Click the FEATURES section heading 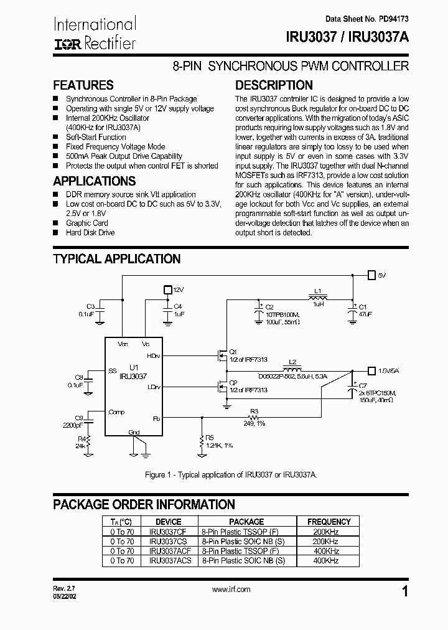[x=83, y=85]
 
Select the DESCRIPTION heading [x=274, y=85]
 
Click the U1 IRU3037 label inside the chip [x=138, y=372]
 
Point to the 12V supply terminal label [x=179, y=290]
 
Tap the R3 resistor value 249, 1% [x=254, y=423]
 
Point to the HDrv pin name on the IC [x=153, y=356]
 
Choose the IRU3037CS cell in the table [x=168, y=542]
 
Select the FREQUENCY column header [x=329, y=522]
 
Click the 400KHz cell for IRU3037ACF [x=326, y=551]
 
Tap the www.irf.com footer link [x=231, y=590]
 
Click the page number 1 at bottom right [x=406, y=593]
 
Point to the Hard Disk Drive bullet [x=90, y=233]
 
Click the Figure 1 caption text [x=231, y=474]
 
